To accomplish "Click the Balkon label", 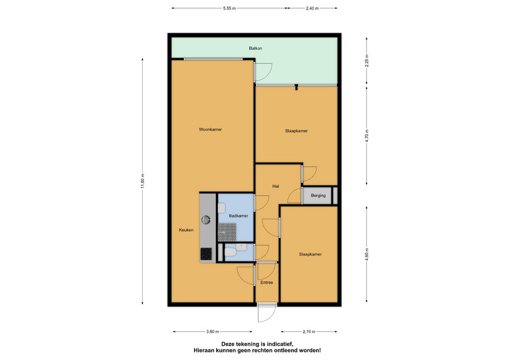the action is coord(256,48).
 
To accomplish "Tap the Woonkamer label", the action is coord(210,129).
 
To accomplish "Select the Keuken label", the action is coord(186,230).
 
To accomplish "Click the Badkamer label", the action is coord(239,216).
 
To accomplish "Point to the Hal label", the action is coord(276,186).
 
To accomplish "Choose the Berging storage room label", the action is coord(318,196).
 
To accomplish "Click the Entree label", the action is coord(267,283).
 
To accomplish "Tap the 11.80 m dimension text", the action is coord(143,181).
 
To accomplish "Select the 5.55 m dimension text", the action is coord(230,8).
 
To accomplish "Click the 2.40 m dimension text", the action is coord(312,8).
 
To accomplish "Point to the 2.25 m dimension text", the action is coord(366,60).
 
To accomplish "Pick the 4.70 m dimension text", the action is coord(367,136).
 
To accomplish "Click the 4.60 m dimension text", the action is coord(367,254).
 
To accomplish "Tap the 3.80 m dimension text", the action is coord(213,332).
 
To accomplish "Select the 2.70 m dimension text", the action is coord(309,332).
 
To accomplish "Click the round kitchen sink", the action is coord(206,220).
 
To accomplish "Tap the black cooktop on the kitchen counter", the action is coord(206,254).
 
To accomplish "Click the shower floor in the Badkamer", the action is coord(226,232).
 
